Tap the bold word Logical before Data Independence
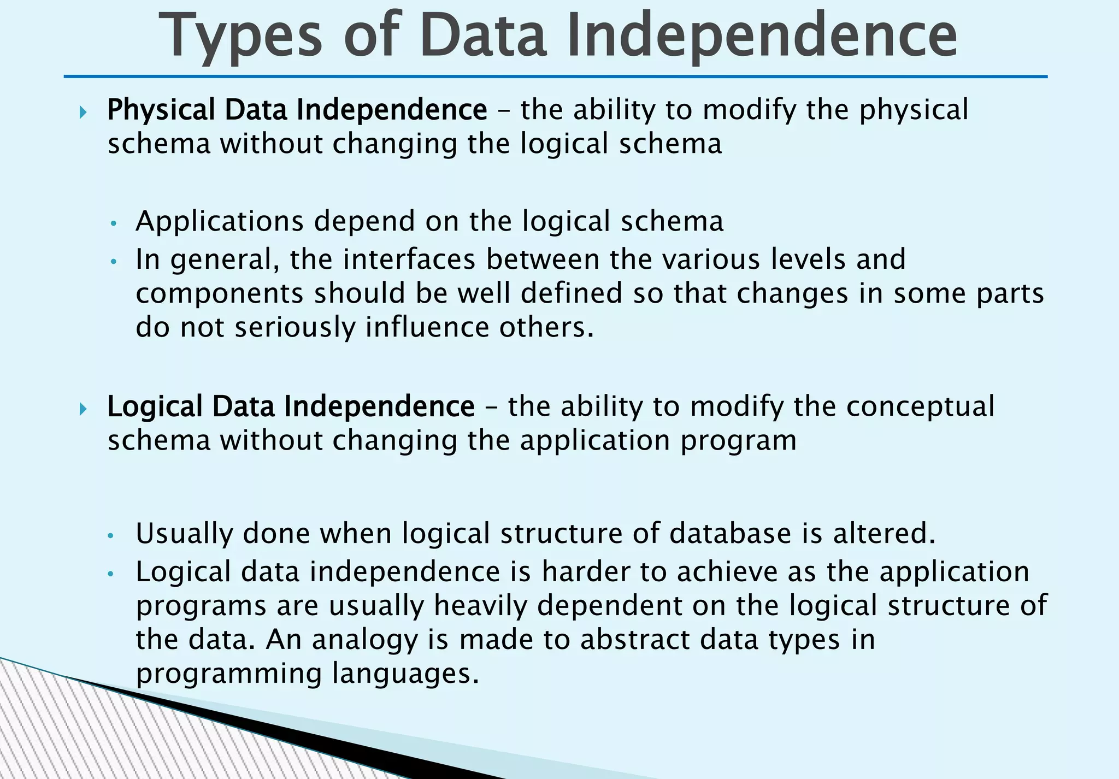[155, 406]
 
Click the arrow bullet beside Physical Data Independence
[83, 113]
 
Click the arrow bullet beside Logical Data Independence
[83, 409]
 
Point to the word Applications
[219, 222]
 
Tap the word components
[219, 294]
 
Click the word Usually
[184, 534]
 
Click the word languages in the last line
[405, 674]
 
